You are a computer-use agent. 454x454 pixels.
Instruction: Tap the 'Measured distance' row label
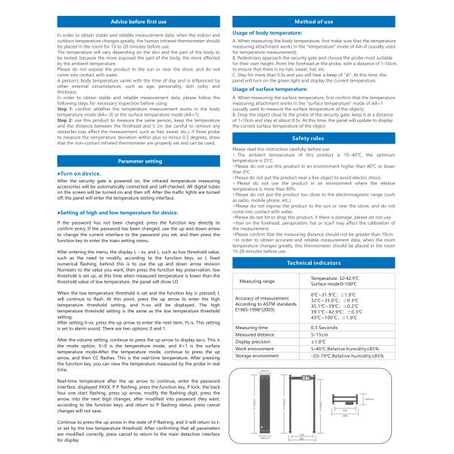click(255, 334)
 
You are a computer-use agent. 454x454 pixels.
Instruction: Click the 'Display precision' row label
click(254, 340)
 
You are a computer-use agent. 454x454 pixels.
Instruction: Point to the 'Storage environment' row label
click(257, 354)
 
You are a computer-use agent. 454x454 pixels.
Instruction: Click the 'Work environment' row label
click(254, 347)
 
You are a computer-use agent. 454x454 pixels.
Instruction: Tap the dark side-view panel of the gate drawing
click(265, 405)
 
